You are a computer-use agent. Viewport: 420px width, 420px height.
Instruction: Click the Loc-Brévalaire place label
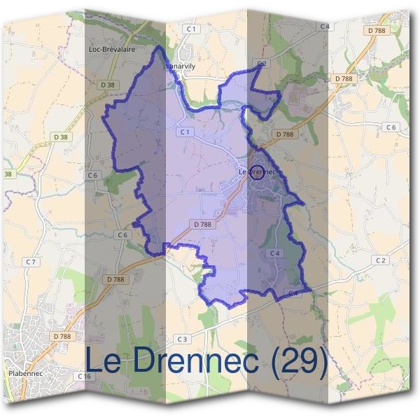click(112, 50)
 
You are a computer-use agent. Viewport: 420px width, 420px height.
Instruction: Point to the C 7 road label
click(31, 262)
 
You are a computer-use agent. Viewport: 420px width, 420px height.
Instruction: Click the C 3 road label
click(183, 339)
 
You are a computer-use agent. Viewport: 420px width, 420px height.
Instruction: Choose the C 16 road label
click(85, 377)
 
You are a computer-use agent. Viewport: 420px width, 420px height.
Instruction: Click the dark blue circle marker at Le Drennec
click(257, 172)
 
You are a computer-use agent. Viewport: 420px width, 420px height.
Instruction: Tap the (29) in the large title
click(300, 360)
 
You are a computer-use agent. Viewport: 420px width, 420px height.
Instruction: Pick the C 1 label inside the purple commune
click(185, 132)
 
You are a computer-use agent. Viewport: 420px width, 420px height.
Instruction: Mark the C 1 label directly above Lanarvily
click(191, 29)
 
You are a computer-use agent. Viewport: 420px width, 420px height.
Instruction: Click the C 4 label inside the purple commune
click(274, 253)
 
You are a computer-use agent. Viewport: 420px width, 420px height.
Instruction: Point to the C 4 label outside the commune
click(324, 26)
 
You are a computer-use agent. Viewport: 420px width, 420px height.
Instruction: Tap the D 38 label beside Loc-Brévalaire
click(107, 85)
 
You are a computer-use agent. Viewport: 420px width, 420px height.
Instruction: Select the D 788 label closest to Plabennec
click(62, 337)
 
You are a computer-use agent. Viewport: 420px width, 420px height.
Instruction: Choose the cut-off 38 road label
click(8, 174)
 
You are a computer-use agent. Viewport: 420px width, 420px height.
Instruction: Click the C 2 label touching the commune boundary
click(262, 64)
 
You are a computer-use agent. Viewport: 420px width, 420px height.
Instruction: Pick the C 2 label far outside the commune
click(380, 260)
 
